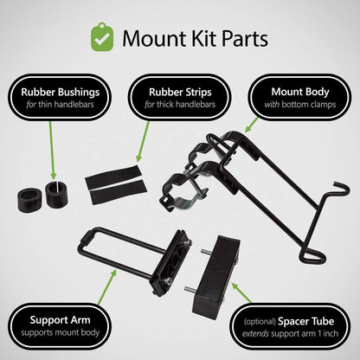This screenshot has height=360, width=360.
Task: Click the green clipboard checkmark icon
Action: point(102,37)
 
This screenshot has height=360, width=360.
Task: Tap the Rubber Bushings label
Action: point(60,97)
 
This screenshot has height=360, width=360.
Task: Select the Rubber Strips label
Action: point(180,97)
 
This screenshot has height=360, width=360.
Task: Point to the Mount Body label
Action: point(300,97)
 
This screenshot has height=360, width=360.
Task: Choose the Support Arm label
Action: point(60,326)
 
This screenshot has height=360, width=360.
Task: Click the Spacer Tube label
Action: point(290,327)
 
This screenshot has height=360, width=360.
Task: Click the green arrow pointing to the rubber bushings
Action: point(51,150)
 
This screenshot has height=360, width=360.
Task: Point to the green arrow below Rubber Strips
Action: point(143,141)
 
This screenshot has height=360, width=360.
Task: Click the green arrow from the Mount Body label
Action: point(251,125)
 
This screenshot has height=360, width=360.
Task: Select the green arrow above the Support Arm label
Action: point(107,286)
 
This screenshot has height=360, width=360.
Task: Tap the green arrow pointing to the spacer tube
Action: point(241,292)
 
